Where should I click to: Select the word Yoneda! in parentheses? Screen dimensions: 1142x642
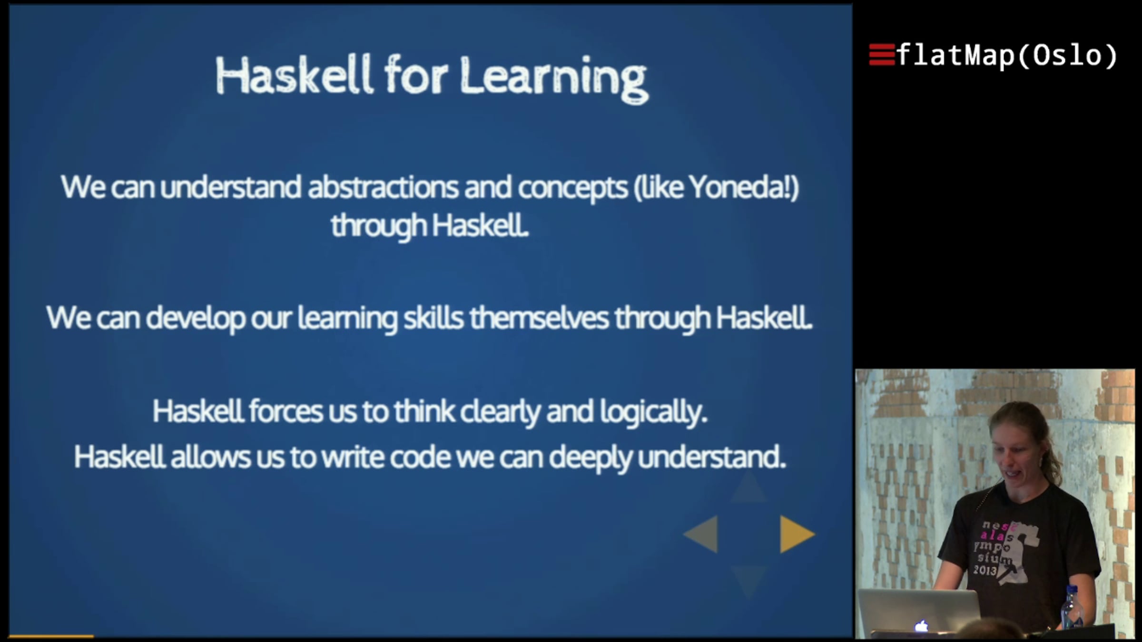coord(739,187)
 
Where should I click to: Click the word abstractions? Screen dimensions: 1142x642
coord(383,187)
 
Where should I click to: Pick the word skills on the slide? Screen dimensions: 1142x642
coord(433,318)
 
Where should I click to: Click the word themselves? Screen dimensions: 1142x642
coord(539,318)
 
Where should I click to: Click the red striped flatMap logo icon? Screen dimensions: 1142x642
coord(882,55)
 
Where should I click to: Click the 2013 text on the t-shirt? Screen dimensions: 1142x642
coord(984,569)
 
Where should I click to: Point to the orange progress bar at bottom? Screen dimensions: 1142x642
coord(51,636)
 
